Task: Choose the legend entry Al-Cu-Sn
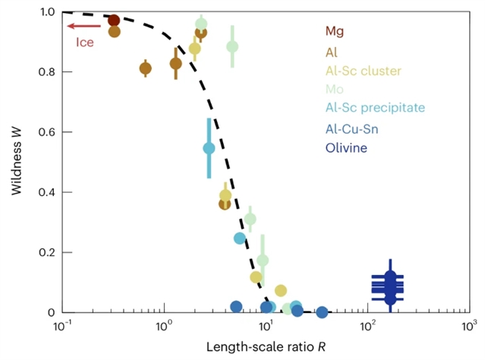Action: [351, 128]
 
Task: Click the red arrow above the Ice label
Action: [80, 27]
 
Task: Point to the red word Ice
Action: [85, 43]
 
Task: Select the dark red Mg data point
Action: [114, 21]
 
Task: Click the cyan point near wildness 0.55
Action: [209, 148]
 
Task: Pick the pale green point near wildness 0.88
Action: [232, 46]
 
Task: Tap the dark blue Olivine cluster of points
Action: [389, 286]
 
